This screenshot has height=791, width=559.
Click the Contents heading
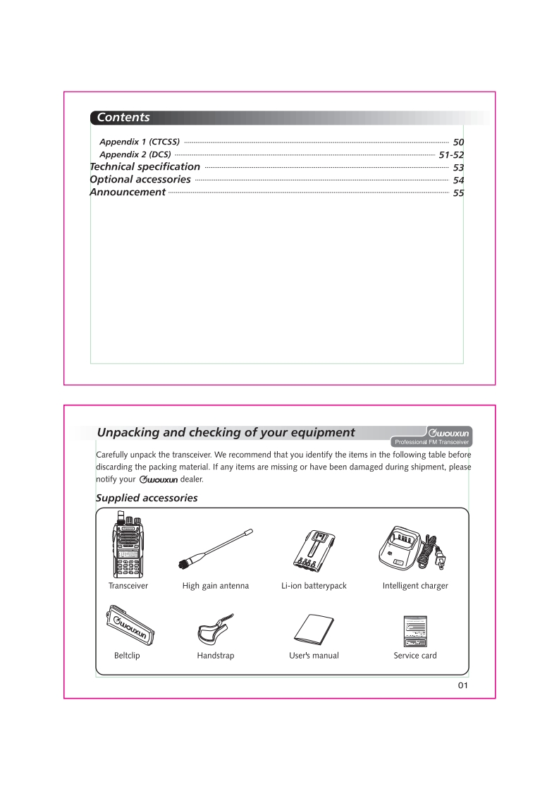point(123,118)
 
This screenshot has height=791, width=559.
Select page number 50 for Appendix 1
point(458,143)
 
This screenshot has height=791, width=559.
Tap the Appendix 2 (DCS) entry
point(135,154)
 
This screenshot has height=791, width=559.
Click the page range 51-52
point(451,155)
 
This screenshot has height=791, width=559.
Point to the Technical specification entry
point(145,167)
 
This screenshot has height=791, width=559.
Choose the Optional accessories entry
point(140,180)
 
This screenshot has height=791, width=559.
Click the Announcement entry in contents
point(128,192)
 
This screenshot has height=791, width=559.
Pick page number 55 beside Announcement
point(458,193)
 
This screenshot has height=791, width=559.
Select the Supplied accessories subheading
point(147,498)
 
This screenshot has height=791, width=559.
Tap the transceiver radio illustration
point(128,549)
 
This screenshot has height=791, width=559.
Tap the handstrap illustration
point(214,627)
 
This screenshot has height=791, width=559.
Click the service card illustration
point(414,630)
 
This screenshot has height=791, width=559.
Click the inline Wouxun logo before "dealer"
point(159,480)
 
